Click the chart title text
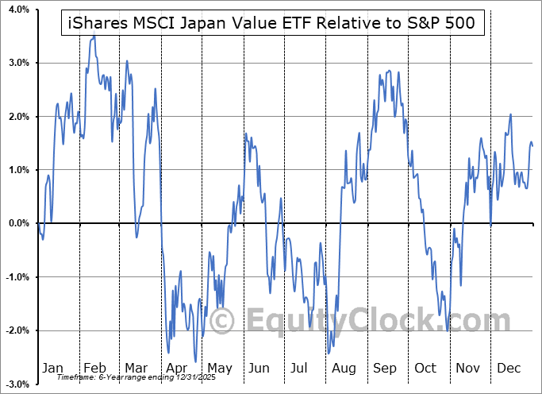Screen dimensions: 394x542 (x=270, y=22)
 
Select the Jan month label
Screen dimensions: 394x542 (x=52, y=368)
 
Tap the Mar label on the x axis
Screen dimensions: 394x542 (x=136, y=368)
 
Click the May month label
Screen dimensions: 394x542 (x=219, y=368)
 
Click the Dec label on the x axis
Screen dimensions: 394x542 (x=509, y=368)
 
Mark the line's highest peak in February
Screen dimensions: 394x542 (x=94, y=37)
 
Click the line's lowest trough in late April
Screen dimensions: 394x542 (x=195, y=361)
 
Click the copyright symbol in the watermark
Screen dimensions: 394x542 (x=221, y=322)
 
